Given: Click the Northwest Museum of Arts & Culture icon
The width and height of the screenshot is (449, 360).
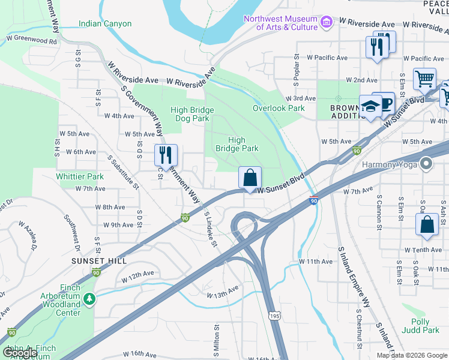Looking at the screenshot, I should [327, 23].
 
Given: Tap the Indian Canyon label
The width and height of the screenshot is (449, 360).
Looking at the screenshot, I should [104, 24].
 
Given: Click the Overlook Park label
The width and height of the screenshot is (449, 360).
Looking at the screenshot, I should [279, 109].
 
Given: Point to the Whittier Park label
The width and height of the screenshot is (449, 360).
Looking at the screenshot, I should [80, 177].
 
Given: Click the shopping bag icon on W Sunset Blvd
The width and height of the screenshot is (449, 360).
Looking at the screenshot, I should [250, 178].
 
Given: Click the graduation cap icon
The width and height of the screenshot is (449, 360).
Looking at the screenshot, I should [370, 106].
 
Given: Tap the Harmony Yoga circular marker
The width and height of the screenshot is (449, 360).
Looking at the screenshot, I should [426, 163].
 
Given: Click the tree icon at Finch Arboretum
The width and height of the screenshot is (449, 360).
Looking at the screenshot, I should [89, 298].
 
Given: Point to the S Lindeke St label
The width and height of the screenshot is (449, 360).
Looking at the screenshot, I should [211, 227].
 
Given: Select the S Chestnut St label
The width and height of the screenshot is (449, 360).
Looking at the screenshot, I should [358, 329].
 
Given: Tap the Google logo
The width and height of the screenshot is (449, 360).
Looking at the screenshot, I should [20, 353].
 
